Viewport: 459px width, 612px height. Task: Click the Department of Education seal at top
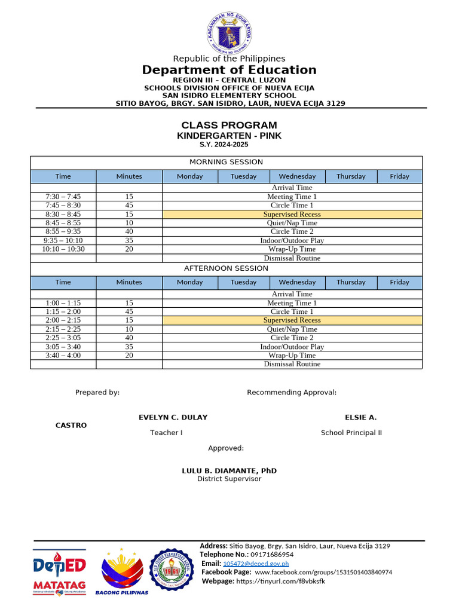[x=229, y=32]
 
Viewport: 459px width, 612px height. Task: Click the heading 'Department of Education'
[x=229, y=70]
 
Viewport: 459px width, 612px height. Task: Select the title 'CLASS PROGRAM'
[x=229, y=125]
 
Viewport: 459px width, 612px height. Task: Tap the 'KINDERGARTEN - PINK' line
[x=229, y=136]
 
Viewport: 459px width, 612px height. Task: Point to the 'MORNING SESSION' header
[x=226, y=162]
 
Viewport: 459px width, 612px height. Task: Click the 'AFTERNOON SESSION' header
[x=226, y=268]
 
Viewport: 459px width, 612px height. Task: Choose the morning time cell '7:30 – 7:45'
[x=63, y=197]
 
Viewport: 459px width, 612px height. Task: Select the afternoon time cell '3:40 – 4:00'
[x=63, y=355]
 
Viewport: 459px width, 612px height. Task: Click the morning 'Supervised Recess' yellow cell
[x=292, y=214]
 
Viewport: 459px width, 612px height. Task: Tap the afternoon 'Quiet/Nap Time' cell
[x=292, y=329]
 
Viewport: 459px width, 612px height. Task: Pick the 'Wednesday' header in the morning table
[x=297, y=176]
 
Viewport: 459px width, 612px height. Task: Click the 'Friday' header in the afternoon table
[x=399, y=282]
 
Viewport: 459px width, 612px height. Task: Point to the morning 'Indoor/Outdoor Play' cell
[x=292, y=240]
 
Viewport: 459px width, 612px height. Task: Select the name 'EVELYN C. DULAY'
[x=173, y=417]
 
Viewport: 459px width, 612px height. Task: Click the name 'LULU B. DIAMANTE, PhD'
[x=229, y=471]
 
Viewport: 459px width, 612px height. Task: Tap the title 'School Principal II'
[x=351, y=433]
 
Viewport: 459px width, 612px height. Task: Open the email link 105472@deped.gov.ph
[x=256, y=564]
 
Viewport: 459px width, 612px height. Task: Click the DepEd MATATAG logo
[x=59, y=572]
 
